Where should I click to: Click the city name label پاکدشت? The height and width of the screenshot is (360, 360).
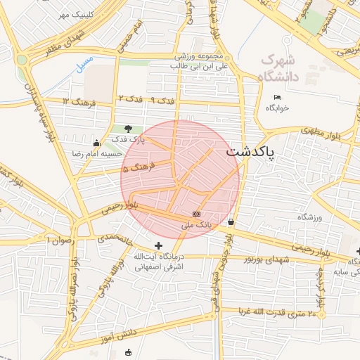click(x=252, y=151)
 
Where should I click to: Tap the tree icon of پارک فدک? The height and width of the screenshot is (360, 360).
click(x=128, y=128)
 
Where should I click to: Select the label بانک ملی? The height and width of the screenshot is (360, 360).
click(x=196, y=225)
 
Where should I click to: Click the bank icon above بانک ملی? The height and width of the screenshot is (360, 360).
click(x=196, y=214)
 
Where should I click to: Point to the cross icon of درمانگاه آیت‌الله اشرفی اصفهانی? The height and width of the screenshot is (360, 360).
click(x=158, y=245)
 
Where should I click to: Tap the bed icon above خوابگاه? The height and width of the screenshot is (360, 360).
click(x=277, y=97)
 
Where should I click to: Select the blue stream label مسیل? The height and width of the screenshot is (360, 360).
click(x=84, y=64)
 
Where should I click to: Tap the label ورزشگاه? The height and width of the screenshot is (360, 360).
click(x=309, y=217)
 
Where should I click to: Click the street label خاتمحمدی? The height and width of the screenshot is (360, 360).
click(x=115, y=238)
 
